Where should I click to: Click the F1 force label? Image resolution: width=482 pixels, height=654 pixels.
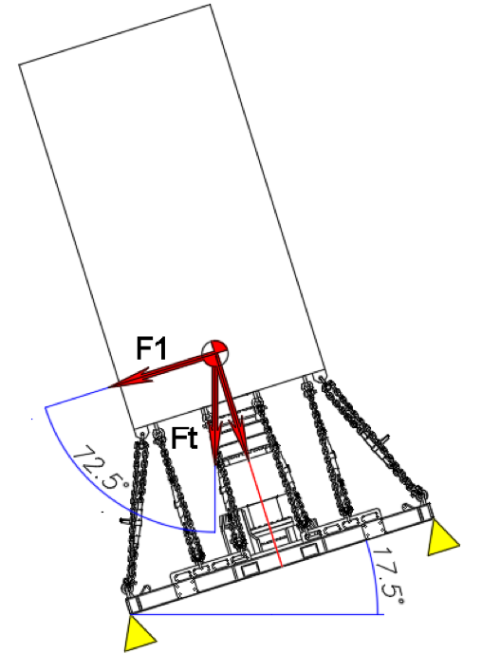(x=152, y=348)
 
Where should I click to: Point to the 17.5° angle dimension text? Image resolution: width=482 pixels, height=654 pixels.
(x=388, y=575)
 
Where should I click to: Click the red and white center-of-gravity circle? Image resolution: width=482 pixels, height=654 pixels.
(x=215, y=353)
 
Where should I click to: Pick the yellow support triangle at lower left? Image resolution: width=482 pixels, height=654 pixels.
(x=139, y=633)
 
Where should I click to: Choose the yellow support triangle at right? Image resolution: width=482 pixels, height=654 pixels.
(x=443, y=537)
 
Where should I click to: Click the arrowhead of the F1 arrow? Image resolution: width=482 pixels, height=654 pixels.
(x=128, y=378)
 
